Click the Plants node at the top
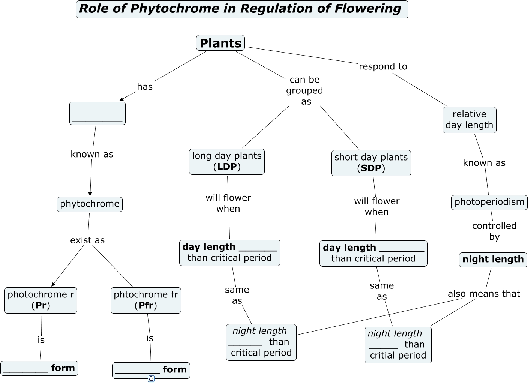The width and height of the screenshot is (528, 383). tap(220, 43)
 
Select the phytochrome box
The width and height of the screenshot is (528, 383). tap(90, 204)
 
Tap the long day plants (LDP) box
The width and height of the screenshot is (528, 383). tap(227, 162)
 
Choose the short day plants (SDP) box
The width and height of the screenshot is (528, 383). tap(371, 163)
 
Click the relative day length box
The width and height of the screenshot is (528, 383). tap(469, 120)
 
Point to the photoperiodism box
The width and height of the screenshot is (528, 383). tap(489, 202)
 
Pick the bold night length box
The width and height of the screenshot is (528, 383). tap(493, 260)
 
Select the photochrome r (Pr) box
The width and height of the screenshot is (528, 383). tap(41, 300)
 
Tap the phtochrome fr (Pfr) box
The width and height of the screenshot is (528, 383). tap(146, 300)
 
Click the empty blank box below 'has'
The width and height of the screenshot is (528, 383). tap(97, 113)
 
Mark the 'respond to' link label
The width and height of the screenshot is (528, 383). tap(383, 66)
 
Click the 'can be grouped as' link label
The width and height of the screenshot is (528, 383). tap(305, 90)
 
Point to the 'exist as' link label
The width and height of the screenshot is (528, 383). tap(87, 240)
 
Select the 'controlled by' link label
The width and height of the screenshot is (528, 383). tap(494, 231)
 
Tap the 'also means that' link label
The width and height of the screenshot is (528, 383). tap(484, 294)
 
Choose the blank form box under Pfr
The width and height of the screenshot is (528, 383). tap(151, 370)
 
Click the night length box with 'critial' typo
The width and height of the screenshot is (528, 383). tap(398, 345)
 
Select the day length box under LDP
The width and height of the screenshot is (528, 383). tap(229, 252)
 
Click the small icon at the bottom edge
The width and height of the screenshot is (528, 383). tap(151, 379)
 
